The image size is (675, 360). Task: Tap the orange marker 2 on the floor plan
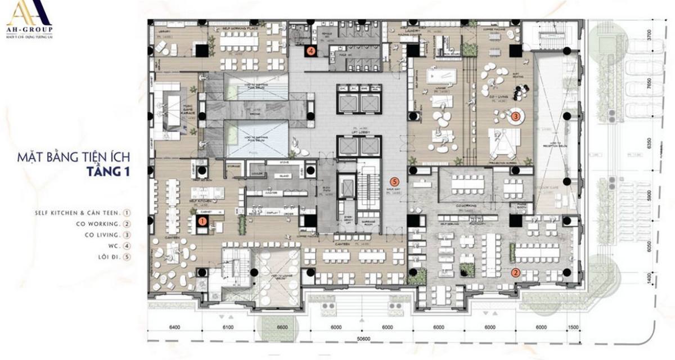[x=515, y=273]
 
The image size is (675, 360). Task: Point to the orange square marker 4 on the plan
[x=310, y=51]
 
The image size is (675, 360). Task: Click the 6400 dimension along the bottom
[x=177, y=327]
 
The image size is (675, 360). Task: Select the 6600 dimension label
[x=282, y=327]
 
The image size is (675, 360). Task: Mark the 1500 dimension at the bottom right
[x=573, y=327]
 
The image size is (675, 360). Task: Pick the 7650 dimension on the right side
[x=664, y=84]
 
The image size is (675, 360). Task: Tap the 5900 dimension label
[x=664, y=195]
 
